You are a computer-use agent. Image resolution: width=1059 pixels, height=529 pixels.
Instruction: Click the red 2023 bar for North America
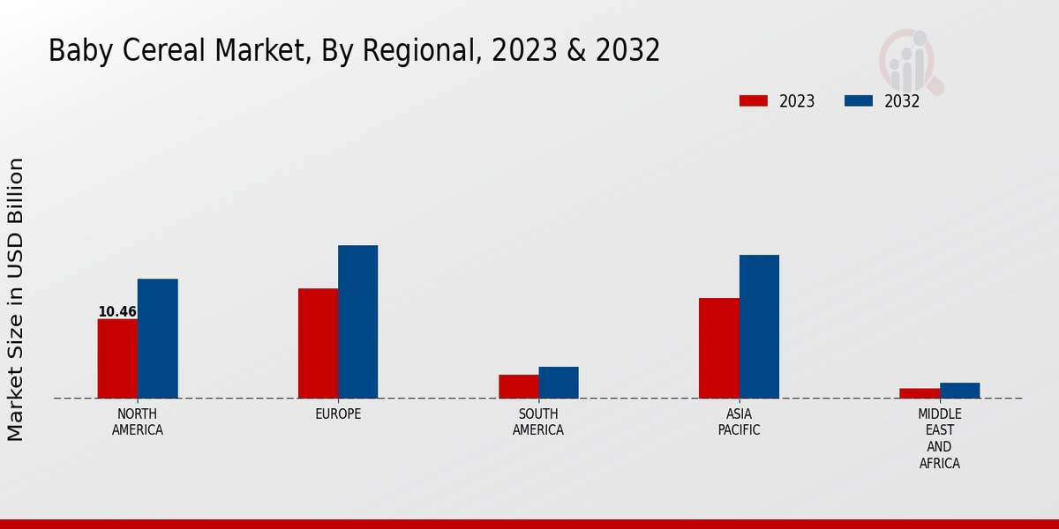coord(117,358)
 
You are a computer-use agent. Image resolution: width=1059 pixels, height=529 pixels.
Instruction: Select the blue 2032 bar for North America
coord(157,339)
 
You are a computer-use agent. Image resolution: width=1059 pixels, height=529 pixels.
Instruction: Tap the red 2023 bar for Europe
coord(318,343)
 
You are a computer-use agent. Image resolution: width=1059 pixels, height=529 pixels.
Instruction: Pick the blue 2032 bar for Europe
coord(357,322)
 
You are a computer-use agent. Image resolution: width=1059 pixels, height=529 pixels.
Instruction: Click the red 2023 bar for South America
coord(518,386)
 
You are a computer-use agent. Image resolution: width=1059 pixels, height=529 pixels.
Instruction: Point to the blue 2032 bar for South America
coord(559,383)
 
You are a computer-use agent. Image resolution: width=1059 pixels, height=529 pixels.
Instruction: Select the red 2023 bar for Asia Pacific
coord(718,348)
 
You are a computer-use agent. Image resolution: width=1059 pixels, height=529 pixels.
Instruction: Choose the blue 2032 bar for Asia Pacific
coord(759,326)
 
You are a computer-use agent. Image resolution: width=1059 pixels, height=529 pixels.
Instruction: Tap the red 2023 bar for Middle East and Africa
coord(920,393)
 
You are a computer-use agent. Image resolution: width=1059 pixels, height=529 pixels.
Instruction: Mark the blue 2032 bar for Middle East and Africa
coord(959,391)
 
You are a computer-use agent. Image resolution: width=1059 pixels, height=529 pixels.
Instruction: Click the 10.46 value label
coord(117,312)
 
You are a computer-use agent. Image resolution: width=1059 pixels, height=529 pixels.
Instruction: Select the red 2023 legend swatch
coord(754,101)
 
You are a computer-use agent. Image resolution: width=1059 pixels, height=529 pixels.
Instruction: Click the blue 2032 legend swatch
coord(859,101)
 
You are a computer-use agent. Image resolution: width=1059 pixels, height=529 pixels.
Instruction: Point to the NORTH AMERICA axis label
coord(138,422)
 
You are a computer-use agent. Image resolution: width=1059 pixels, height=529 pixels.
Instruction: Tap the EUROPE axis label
coord(338,414)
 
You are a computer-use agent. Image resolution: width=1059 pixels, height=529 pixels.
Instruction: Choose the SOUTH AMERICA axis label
coord(538,422)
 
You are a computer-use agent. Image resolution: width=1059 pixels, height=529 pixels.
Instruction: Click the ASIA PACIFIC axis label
coord(739,422)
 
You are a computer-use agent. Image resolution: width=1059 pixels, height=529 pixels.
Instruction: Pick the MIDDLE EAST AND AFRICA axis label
coord(940,438)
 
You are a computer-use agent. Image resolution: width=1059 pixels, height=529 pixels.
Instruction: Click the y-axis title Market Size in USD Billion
coord(16,300)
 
